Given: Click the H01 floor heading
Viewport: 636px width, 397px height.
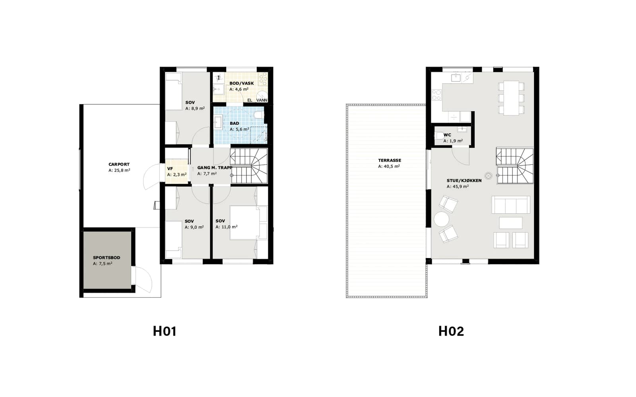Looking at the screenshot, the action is (165, 331).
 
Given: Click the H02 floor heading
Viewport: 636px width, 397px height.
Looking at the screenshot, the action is (451, 331).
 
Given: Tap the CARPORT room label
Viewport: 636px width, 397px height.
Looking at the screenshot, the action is (119, 164).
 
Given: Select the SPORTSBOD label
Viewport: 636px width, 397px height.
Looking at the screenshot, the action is (107, 258).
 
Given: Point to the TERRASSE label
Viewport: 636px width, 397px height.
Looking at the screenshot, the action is (390, 160).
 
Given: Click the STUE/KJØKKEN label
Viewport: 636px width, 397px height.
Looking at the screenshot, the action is (464, 181).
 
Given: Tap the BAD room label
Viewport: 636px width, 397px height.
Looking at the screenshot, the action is (234, 123).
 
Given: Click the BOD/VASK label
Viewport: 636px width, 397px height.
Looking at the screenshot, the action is (242, 83).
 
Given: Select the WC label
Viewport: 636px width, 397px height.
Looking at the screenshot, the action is (447, 135).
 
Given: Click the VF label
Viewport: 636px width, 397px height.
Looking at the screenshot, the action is (170, 169).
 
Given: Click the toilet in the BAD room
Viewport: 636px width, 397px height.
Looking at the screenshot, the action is (259, 115).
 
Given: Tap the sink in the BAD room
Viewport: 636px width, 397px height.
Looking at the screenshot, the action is (218, 122).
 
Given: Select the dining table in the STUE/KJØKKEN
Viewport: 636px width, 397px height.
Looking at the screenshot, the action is (511, 98).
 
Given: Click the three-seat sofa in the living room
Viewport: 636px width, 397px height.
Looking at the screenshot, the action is (511, 205).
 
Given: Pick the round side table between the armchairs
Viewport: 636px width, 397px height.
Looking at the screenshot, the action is (442, 219).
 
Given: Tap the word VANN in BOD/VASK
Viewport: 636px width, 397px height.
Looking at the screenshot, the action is (262, 100).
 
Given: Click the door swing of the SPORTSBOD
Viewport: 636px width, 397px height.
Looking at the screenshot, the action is (146, 279).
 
